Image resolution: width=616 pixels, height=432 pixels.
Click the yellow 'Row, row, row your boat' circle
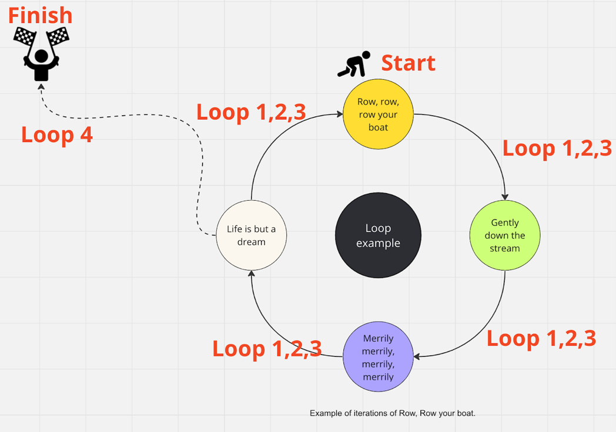click(x=378, y=114)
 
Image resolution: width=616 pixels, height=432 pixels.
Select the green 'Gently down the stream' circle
click(x=505, y=235)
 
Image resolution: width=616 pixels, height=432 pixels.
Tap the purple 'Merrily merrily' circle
click(x=378, y=357)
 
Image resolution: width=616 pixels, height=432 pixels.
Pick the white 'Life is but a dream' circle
click(x=252, y=235)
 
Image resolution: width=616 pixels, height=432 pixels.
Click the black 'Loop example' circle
click(x=378, y=235)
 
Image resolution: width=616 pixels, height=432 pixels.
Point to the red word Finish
click(x=40, y=15)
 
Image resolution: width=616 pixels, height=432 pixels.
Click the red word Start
click(x=408, y=63)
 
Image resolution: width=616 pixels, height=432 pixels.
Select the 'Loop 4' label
click(x=57, y=134)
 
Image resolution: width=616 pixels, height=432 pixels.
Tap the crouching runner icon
click(x=354, y=64)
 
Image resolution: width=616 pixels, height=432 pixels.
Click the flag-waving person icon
click(x=41, y=54)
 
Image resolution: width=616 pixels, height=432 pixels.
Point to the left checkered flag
click(x=25, y=36)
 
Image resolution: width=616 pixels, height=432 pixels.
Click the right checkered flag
click(x=58, y=36)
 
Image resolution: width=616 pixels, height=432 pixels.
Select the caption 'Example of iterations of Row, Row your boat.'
click(x=393, y=413)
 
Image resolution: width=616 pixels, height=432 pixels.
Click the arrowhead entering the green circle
click(x=505, y=197)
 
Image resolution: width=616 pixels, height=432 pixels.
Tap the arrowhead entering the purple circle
click(x=417, y=357)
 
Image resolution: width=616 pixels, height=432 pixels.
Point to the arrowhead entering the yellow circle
click(x=339, y=114)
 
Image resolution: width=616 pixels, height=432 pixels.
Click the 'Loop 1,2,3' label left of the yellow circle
click(x=251, y=112)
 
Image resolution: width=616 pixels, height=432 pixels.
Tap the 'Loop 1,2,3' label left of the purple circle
click(x=267, y=349)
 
